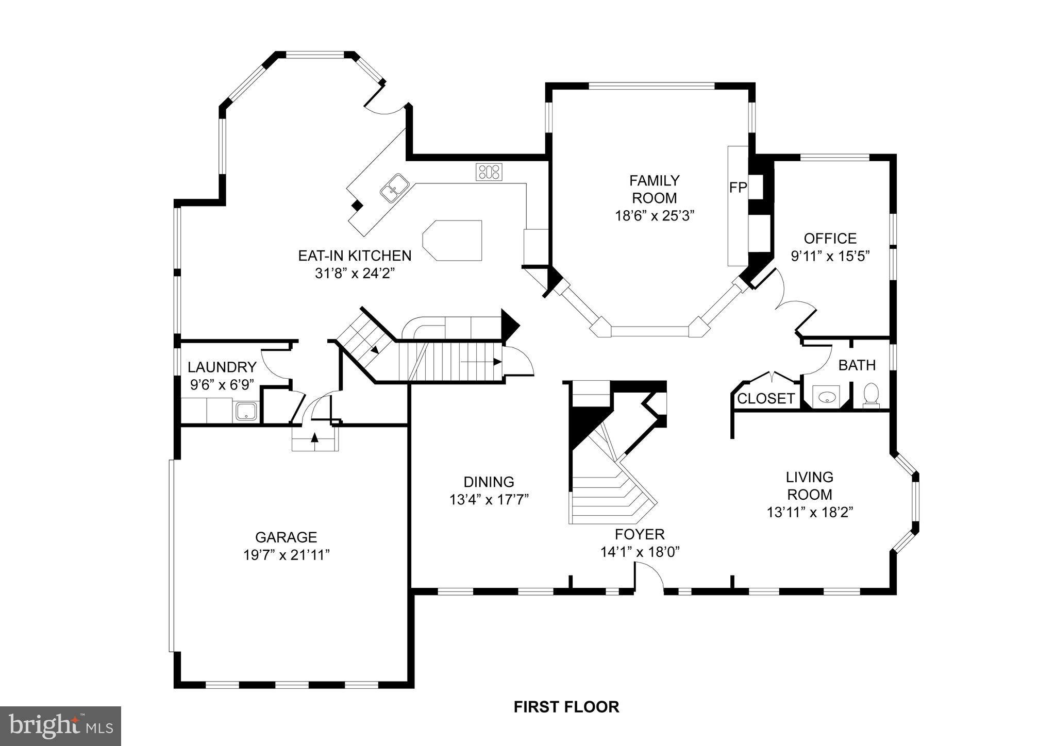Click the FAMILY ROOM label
pyautogui.click(x=654, y=189)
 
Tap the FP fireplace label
pyautogui.click(x=738, y=188)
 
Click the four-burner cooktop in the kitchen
pyautogui.click(x=489, y=172)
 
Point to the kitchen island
pyautogui.click(x=453, y=240)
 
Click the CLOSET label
pyautogui.click(x=766, y=399)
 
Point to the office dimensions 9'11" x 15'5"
pyautogui.click(x=830, y=256)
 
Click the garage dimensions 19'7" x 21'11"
pyautogui.click(x=286, y=555)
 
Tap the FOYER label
pyautogui.click(x=640, y=534)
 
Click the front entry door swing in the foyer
pyautogui.click(x=650, y=575)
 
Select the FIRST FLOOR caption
pyautogui.click(x=566, y=707)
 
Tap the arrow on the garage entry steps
pyautogui.click(x=314, y=438)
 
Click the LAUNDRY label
pyautogui.click(x=222, y=367)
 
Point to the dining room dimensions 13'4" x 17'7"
pyautogui.click(x=489, y=500)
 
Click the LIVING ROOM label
pyautogui.click(x=809, y=486)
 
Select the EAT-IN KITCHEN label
pyautogui.click(x=355, y=256)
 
